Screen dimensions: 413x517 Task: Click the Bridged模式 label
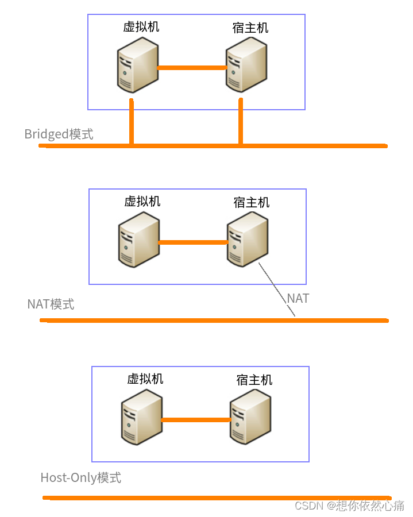59,134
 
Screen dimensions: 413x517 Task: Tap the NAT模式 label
51,304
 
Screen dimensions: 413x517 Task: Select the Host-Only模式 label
81,477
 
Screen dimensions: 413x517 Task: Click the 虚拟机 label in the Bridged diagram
141,26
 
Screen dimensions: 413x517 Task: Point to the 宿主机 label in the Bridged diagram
250,28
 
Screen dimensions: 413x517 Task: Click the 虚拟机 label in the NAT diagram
142,202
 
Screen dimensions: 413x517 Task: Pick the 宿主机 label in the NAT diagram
252,202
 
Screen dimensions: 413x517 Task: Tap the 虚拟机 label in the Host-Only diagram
145,379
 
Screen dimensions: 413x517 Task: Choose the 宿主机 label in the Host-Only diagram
254,380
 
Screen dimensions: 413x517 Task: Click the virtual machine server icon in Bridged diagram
138,65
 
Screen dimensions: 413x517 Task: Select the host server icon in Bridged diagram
246,64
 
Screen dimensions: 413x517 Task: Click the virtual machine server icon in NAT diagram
139,240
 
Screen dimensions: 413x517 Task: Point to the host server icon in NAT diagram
248,240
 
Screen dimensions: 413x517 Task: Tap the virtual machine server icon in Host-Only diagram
142,417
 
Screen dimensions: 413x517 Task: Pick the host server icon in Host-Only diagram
250,417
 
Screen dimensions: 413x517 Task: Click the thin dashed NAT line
277,290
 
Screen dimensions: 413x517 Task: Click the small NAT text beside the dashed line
298,298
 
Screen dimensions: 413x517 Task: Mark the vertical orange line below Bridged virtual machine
132,122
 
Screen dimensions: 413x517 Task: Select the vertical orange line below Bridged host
241,121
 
